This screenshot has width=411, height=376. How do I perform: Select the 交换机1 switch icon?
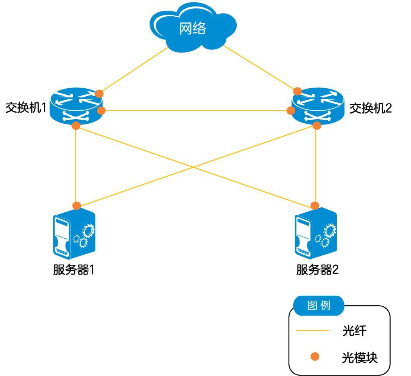[76, 105]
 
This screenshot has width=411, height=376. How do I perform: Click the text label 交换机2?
[370, 108]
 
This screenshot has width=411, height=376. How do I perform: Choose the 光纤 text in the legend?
[354, 331]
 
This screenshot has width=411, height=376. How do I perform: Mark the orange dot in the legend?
[315, 357]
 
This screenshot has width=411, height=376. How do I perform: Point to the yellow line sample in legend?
[312, 331]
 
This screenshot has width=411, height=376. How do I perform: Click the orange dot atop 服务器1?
[77, 206]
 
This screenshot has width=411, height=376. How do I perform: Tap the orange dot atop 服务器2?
[315, 206]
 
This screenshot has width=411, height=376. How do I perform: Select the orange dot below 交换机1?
[76, 126]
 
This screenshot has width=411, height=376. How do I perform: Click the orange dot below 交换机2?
[316, 126]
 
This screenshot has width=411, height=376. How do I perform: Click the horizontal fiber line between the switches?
[196, 111]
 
